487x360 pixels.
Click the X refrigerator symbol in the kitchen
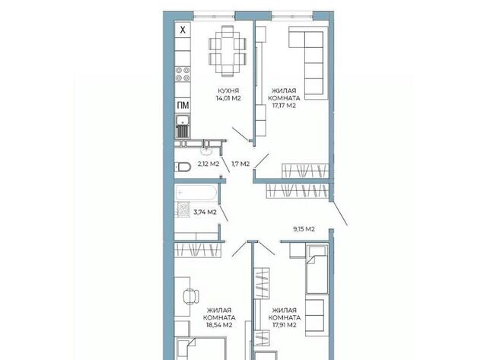click(183, 30)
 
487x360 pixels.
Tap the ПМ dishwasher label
click(183, 105)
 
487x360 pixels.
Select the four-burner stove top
click(183, 75)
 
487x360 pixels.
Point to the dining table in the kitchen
click(228, 51)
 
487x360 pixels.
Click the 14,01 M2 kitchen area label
click(228, 98)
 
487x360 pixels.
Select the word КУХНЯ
click(228, 91)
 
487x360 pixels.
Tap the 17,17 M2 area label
click(284, 106)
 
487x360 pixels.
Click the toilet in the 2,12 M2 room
click(183, 167)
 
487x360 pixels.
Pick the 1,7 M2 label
click(240, 164)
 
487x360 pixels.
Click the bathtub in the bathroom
click(196, 193)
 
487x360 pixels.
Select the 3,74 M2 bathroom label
click(205, 212)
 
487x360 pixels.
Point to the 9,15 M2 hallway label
click(304, 229)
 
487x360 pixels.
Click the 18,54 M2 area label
click(219, 325)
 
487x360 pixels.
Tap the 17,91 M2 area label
click(284, 325)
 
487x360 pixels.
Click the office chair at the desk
click(191, 296)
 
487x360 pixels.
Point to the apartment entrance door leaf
click(339, 213)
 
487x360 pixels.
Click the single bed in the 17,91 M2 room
click(317, 269)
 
